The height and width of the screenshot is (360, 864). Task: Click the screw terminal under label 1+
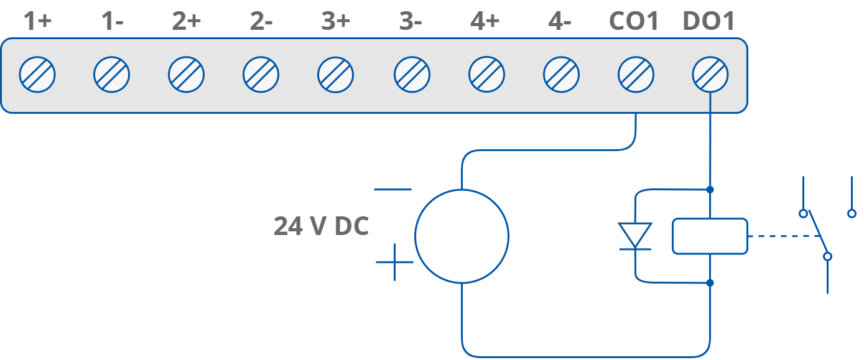(37, 75)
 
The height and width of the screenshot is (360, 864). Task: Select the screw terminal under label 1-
(112, 75)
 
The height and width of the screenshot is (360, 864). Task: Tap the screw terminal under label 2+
(187, 75)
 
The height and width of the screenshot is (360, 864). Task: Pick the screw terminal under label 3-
(412, 75)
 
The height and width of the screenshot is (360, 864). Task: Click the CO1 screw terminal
(636, 75)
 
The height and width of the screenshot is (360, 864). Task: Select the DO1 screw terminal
(710, 75)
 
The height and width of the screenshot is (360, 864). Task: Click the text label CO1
(634, 22)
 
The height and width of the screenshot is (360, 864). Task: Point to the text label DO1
(708, 22)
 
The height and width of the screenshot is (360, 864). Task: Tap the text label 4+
(485, 22)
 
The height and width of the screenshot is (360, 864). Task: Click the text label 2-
(261, 22)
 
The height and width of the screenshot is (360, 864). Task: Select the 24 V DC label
(321, 227)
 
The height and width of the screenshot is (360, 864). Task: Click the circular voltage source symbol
(462, 236)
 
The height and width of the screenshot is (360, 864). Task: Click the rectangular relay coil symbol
(710, 236)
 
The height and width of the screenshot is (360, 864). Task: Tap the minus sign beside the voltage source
(393, 189)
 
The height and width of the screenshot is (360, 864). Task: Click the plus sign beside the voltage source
(394, 262)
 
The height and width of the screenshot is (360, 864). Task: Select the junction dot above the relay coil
(710, 189)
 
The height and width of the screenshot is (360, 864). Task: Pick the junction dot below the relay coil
(710, 283)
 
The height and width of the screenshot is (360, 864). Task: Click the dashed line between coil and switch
(781, 236)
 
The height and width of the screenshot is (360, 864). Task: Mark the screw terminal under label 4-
(561, 75)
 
